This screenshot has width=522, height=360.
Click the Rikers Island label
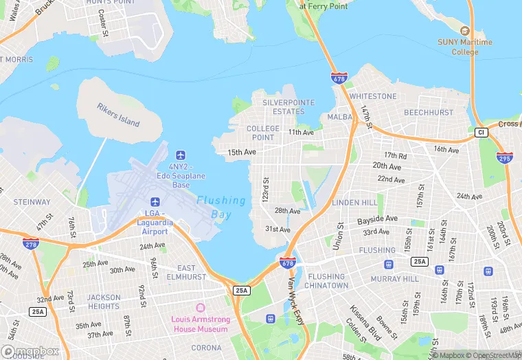pyautogui.click(x=118, y=115)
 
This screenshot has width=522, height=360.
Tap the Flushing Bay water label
pyautogui.click(x=221, y=207)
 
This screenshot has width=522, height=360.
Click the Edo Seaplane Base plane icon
pyautogui.click(x=181, y=156)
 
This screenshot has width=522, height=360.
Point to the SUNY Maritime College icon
pyautogui.click(x=465, y=31)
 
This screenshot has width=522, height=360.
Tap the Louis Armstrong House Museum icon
pyautogui.click(x=200, y=307)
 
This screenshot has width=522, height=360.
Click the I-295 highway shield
pyautogui.click(x=504, y=158)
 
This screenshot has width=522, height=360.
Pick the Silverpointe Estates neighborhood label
pyautogui.click(x=288, y=106)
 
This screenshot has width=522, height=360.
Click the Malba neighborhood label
pyautogui.click(x=340, y=117)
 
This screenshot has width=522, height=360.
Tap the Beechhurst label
pyautogui.click(x=428, y=112)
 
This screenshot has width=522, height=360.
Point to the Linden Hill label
pyautogui.click(x=354, y=203)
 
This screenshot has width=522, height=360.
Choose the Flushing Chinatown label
pyautogui.click(x=327, y=281)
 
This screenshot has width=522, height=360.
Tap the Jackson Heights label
pyautogui.click(x=104, y=302)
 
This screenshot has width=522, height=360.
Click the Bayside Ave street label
pyautogui.click(x=377, y=219)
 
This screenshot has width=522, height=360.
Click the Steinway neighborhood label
pyautogui.click(x=32, y=202)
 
